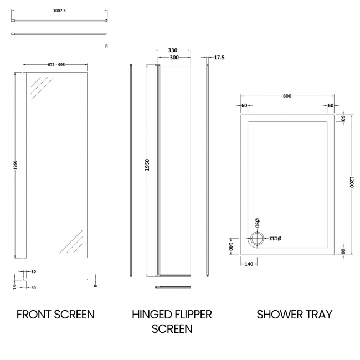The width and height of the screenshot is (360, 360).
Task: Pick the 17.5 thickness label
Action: (x=219, y=58)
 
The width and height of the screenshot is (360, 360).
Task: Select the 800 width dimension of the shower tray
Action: (x=287, y=96)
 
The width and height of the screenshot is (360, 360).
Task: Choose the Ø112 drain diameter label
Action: (x=275, y=239)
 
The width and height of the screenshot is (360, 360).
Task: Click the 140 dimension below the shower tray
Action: (x=248, y=264)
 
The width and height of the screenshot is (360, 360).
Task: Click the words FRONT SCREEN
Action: (x=55, y=315)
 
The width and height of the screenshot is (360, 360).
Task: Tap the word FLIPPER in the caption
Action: (x=189, y=315)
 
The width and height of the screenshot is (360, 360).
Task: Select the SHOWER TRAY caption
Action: (x=294, y=315)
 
